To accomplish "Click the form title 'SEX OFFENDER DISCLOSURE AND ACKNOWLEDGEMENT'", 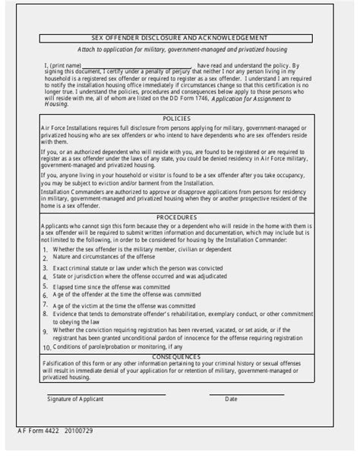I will coord(179,37).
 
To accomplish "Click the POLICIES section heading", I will coord(179,119).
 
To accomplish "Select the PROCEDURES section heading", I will coord(179,216).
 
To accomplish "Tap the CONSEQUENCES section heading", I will coord(179,356).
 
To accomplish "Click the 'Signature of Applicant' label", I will coord(75,399).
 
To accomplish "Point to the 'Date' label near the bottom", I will coord(231,399).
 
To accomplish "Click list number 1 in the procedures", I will coord(46,249).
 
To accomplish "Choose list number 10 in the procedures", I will coord(46,346).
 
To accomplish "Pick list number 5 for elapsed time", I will coord(46,286).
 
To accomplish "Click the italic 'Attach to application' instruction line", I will coord(179,49).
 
